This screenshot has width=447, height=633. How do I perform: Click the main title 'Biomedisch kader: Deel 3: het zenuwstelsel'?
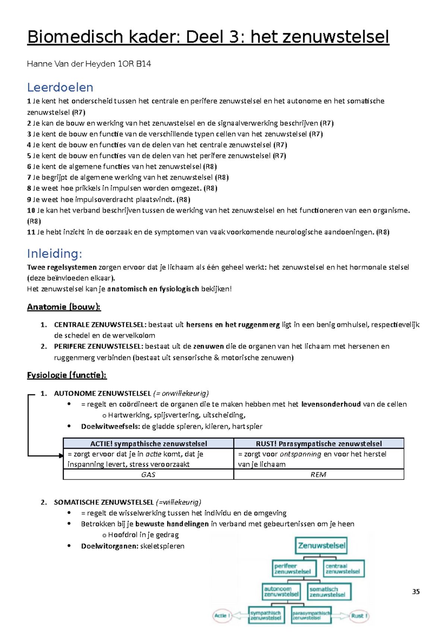tap(208, 37)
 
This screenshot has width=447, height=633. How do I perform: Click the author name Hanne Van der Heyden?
tap(89, 64)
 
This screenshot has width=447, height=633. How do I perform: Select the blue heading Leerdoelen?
tap(60, 87)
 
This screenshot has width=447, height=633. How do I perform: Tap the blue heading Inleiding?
tap(54, 253)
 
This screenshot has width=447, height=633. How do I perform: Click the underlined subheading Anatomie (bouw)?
tap(64, 307)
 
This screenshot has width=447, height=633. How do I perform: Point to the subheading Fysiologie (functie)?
tap(67, 375)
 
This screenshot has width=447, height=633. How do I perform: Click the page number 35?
tap(416, 592)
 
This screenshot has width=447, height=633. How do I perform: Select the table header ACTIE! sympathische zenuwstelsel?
tap(148, 444)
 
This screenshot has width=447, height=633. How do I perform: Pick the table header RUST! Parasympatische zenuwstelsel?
tap(318, 444)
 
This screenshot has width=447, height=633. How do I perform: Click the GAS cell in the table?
tap(148, 475)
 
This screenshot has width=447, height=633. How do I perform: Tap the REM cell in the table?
tap(318, 475)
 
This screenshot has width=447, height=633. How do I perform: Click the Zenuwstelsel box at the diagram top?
tap(321, 546)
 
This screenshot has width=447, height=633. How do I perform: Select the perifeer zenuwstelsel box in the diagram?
tap(294, 569)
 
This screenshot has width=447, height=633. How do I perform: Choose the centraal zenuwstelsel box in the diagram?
tap(343, 569)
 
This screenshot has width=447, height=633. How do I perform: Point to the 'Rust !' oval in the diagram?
tap(359, 615)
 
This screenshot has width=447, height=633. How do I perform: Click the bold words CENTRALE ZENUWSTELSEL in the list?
tap(100, 325)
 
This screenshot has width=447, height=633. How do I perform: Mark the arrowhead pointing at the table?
tap(61, 456)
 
